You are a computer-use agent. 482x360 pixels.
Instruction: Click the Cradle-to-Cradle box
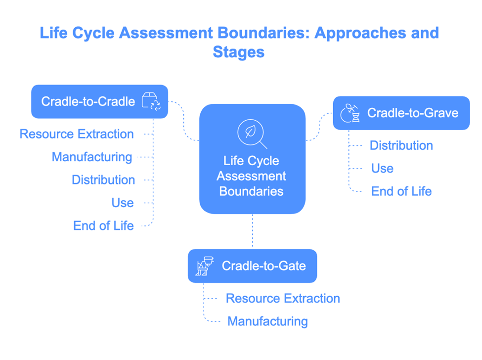99,102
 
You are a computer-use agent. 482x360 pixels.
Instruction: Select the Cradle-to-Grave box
401,113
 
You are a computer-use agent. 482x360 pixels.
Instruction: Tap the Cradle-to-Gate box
252,266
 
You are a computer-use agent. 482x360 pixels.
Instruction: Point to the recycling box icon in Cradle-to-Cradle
151,101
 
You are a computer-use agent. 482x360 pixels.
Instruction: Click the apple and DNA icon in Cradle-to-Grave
350,113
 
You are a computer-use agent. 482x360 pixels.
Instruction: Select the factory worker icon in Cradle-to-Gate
204,266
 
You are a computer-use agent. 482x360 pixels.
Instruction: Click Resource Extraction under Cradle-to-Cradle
77,134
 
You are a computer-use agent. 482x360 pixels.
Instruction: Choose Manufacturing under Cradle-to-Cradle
92,157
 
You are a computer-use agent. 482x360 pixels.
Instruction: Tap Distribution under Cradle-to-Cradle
103,180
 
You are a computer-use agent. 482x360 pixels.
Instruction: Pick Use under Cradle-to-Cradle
122,203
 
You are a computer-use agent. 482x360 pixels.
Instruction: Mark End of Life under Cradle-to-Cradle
103,226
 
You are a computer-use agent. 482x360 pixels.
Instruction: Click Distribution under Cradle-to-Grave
401,145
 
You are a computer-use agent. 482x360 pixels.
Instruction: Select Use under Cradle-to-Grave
382,169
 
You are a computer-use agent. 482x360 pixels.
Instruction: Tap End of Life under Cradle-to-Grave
401,191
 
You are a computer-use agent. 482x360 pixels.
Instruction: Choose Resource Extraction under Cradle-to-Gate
283,299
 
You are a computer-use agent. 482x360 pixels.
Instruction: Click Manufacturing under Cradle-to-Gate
267,321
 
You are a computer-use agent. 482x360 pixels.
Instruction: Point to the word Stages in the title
239,51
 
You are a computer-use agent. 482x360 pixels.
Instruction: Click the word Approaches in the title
358,33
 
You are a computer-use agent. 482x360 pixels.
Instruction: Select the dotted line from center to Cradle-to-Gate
252,231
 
